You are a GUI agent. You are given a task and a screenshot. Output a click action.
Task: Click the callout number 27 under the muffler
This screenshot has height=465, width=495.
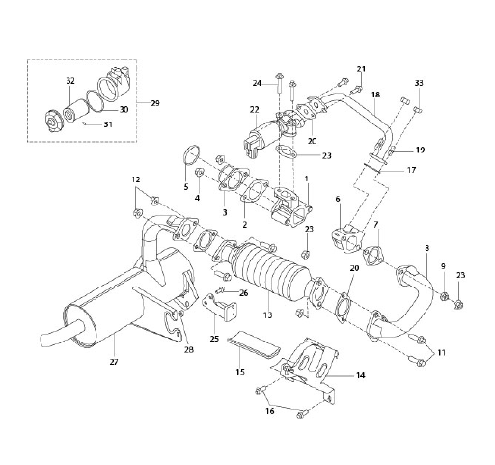[114, 362]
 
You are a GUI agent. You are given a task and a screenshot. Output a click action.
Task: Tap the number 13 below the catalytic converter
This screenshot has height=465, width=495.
[267, 315]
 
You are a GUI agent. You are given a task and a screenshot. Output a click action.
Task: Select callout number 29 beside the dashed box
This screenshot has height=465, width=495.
[155, 103]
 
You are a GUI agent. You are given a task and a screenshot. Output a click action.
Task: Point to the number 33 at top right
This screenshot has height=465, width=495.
[419, 83]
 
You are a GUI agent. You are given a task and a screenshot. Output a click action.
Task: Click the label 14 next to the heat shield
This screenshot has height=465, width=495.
[361, 375]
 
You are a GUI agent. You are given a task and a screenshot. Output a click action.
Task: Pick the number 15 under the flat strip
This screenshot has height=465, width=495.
[240, 372]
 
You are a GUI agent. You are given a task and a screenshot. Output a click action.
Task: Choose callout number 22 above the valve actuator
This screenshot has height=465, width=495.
[254, 110]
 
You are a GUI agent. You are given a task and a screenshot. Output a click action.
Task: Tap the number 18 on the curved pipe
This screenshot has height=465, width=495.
[375, 95]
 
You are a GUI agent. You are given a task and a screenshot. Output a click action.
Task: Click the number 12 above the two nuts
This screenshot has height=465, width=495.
[136, 179]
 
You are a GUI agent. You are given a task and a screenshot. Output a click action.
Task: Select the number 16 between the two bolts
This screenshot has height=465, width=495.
[270, 411]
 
